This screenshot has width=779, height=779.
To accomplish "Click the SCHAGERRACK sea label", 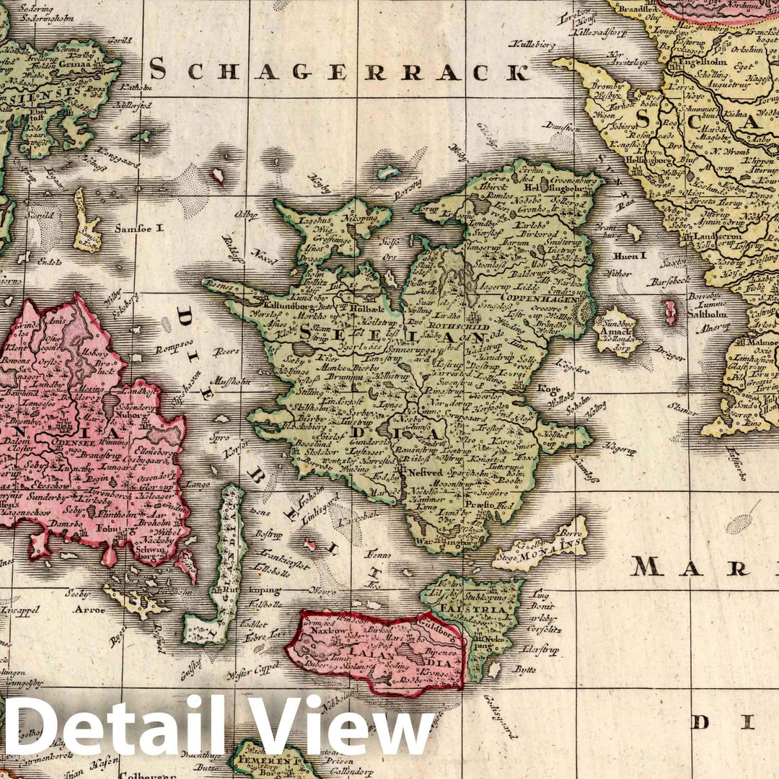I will pos(339,71).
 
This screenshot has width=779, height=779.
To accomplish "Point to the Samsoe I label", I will pos(140,228).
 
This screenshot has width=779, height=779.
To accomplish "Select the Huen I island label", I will pos(622,255).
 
